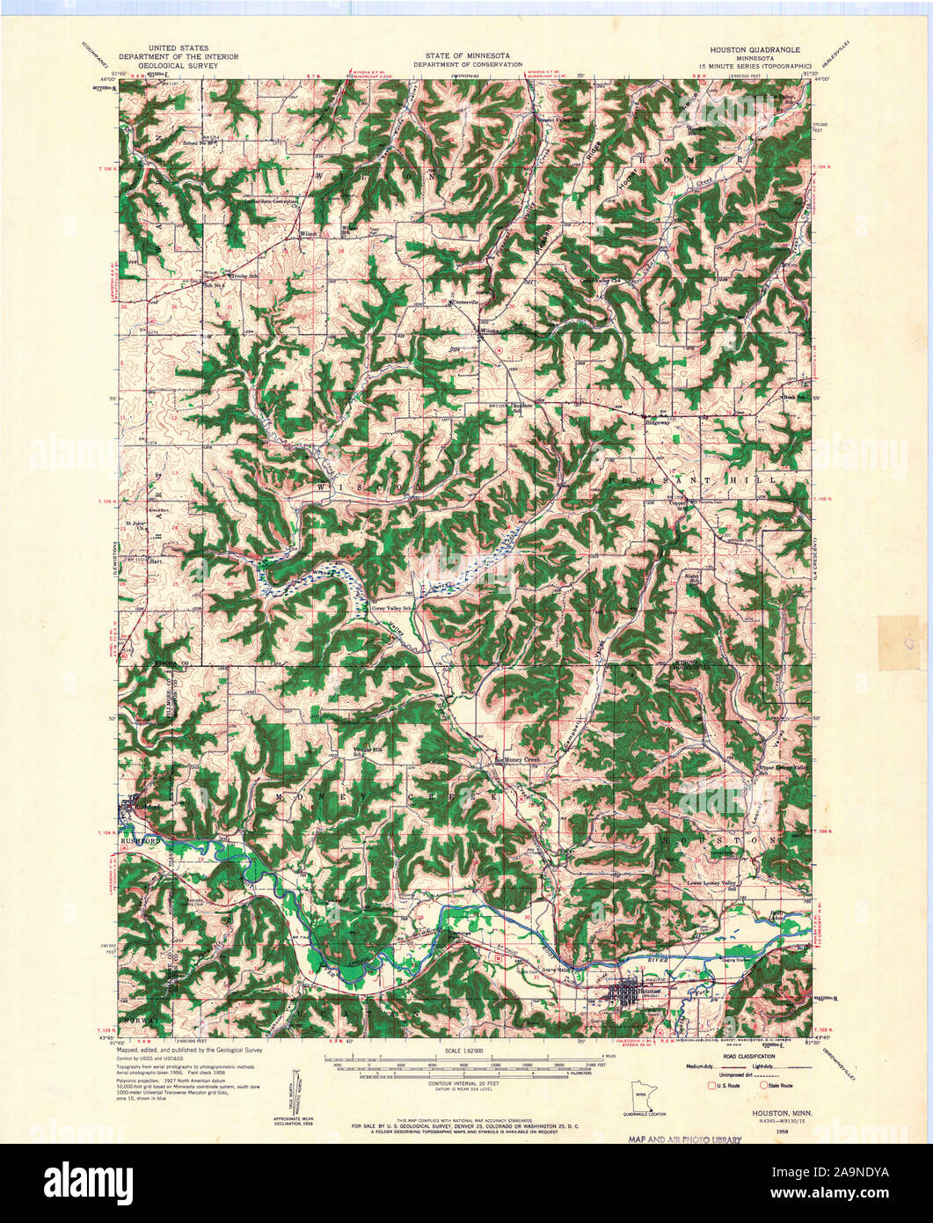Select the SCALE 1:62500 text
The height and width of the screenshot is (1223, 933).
coord(466,1051)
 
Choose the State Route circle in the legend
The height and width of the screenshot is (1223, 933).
coord(763,1086)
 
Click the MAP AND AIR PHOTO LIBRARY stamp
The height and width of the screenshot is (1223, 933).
coord(685,1139)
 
